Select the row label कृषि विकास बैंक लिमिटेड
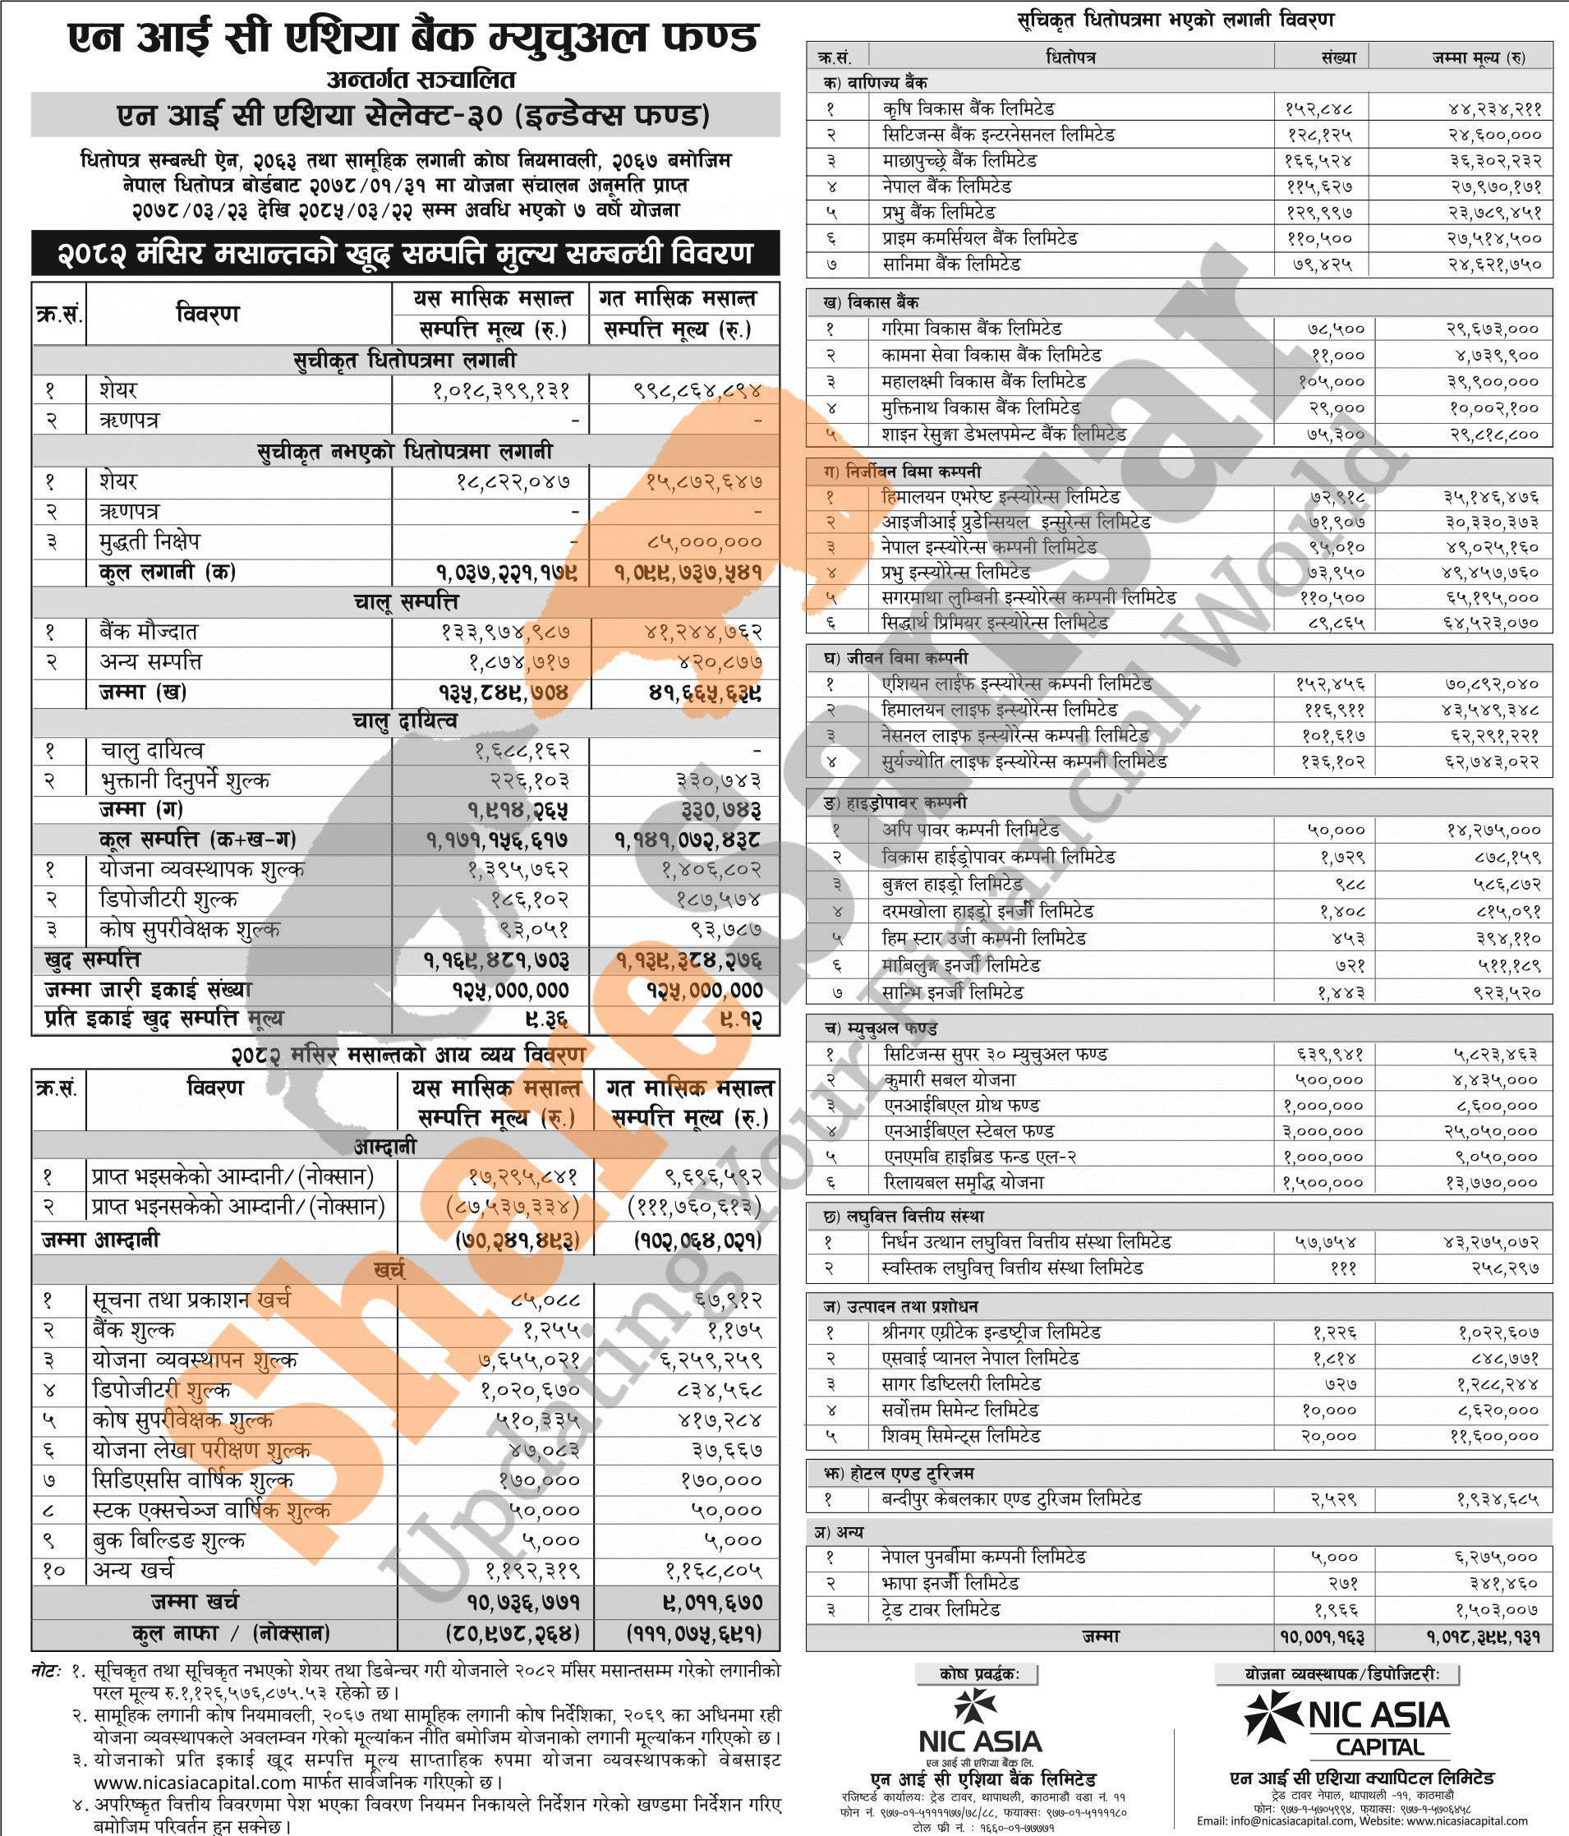tap(968, 109)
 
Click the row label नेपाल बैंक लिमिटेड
tap(946, 187)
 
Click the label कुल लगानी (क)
tap(167, 572)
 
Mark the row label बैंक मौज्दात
tap(148, 632)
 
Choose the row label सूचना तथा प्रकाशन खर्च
tap(191, 1300)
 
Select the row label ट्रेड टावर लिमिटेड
tap(940, 1609)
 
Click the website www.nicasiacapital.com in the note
tap(194, 1782)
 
